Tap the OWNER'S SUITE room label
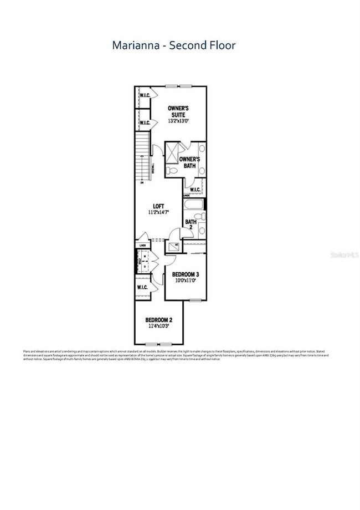coord(179,111)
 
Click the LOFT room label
coord(158,206)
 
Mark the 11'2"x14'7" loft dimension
coord(158,212)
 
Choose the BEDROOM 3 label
coord(186,274)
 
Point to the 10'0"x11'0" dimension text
coord(186,281)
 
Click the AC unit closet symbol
coord(176,244)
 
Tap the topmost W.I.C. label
coord(145,95)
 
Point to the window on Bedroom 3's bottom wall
coord(194,300)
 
